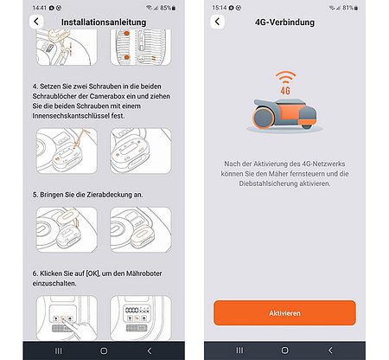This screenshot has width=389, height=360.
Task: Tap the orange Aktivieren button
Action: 284,312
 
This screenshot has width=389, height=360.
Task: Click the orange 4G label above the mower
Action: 284,88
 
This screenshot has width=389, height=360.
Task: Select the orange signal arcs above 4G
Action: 284,76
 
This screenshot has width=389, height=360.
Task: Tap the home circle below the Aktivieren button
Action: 284,350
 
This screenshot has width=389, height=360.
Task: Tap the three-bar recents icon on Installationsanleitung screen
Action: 58,350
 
